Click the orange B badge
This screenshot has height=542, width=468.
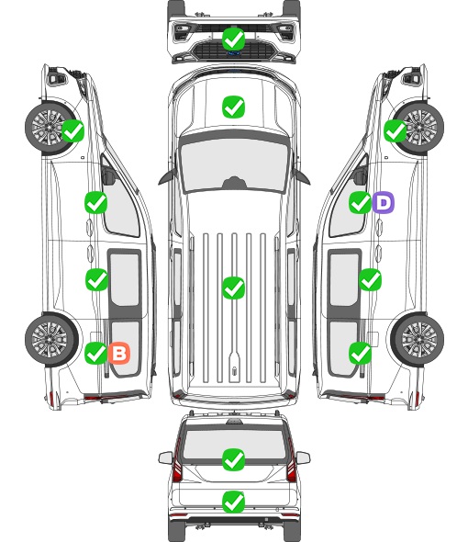coord(119,353)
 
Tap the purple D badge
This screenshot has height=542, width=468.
coord(383,202)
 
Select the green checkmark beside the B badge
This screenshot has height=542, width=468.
coord(95,353)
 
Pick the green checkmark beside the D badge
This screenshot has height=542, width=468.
coord(360,202)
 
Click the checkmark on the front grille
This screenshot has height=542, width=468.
coord(233,40)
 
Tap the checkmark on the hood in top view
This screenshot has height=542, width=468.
coord(233,107)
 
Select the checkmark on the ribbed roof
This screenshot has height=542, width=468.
coord(233,288)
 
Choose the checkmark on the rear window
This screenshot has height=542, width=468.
coord(233,459)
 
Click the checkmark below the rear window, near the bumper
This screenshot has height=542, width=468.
coord(233,502)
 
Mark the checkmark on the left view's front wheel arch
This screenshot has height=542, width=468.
coord(72,131)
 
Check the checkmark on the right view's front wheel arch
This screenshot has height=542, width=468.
coord(396,131)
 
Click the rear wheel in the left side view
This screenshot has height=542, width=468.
coord(51,339)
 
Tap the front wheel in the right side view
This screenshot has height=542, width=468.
coord(418,127)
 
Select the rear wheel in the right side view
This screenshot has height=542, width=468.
coord(418,339)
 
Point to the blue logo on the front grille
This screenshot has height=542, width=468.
coord(233,53)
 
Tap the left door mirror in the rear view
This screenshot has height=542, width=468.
coord(165,457)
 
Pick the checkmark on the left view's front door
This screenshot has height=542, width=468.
coord(95,202)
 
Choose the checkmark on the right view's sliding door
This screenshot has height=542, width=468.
coord(370,279)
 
